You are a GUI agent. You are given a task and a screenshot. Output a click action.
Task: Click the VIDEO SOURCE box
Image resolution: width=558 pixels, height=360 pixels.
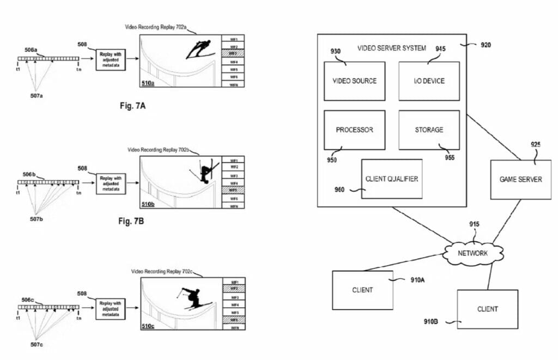pos(354,81)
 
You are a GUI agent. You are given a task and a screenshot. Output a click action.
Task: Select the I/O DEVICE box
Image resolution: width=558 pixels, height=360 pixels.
pos(429,81)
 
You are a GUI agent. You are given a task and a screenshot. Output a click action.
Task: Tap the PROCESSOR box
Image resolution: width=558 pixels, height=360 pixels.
pos(354,130)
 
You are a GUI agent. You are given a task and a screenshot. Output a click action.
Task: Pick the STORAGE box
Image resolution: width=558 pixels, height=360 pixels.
pos(429,130)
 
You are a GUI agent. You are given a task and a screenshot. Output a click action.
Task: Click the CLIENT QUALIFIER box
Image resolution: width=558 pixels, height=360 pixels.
pos(391,179)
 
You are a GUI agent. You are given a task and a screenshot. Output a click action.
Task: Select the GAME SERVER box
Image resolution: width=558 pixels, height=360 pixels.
pos(521,179)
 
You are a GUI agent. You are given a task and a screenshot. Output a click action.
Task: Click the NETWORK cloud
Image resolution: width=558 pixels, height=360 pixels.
pos(472,253)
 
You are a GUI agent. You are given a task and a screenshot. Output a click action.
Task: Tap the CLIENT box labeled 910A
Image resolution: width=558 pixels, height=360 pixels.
pos(362,290)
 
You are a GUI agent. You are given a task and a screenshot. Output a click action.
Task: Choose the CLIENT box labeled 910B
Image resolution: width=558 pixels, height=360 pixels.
pos(487,309)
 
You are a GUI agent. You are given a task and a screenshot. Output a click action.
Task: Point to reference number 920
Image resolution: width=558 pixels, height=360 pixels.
pos(485,46)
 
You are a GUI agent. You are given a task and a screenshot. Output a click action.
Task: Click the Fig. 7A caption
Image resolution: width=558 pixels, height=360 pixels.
pos(132,105)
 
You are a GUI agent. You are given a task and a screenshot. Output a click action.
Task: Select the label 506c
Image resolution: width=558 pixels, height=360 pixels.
pos(29,300)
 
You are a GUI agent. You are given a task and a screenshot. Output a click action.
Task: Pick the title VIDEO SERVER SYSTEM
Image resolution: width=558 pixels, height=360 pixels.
pos(391,48)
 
